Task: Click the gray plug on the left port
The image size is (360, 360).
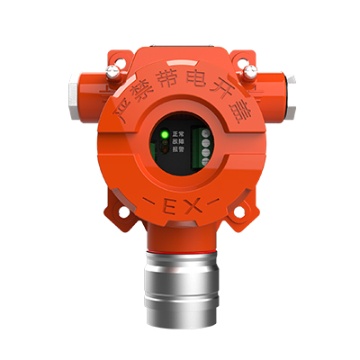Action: [x=74, y=94]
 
